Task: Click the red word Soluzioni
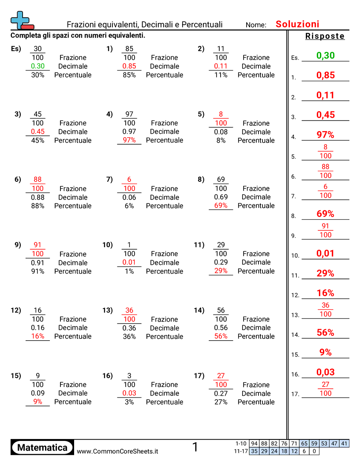click(x=297, y=24)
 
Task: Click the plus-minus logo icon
click(x=22, y=20)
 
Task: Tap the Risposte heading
click(x=325, y=36)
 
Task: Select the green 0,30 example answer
click(x=326, y=56)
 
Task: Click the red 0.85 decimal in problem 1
click(x=129, y=66)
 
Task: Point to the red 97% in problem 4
click(x=129, y=140)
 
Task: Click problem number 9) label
click(x=18, y=244)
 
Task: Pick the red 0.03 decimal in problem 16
click(x=129, y=393)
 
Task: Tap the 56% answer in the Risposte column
click(x=325, y=333)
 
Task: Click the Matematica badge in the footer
click(x=42, y=447)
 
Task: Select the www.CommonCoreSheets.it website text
click(x=117, y=451)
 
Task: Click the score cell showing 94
click(x=254, y=443)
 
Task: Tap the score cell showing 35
click(x=254, y=451)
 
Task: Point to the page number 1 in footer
click(x=195, y=447)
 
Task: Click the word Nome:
click(x=256, y=25)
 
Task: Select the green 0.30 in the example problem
click(x=38, y=66)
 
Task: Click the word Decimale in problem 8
click(x=256, y=197)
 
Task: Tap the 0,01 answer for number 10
click(x=325, y=254)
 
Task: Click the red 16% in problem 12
click(x=38, y=336)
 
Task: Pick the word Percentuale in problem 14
click(x=256, y=336)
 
